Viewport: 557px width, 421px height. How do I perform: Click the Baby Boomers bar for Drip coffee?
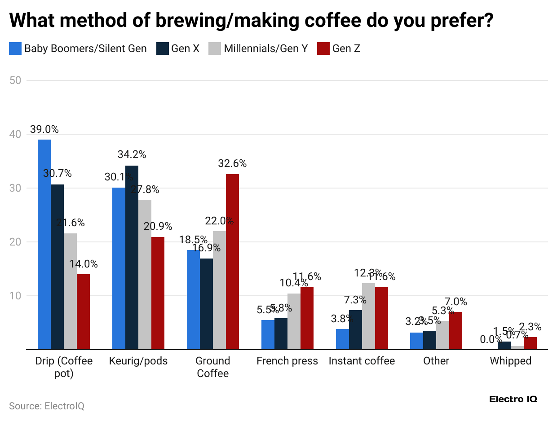tap(44, 244)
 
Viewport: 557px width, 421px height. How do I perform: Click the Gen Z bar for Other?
tap(455, 330)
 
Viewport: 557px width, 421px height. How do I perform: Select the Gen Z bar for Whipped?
tap(530, 343)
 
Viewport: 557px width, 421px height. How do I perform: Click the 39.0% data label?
tap(44, 129)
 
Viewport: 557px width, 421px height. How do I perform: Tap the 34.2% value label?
tap(132, 154)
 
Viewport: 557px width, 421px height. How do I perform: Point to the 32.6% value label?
tap(232, 164)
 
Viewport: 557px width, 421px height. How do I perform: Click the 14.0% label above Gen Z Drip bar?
tap(83, 264)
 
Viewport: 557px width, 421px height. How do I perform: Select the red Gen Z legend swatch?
tap(323, 48)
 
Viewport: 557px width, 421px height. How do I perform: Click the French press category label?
tap(287, 361)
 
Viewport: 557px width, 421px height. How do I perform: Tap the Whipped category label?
tap(510, 361)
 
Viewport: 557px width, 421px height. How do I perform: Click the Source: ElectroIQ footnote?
tap(47, 406)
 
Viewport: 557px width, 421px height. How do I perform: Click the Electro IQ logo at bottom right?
tap(513, 399)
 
